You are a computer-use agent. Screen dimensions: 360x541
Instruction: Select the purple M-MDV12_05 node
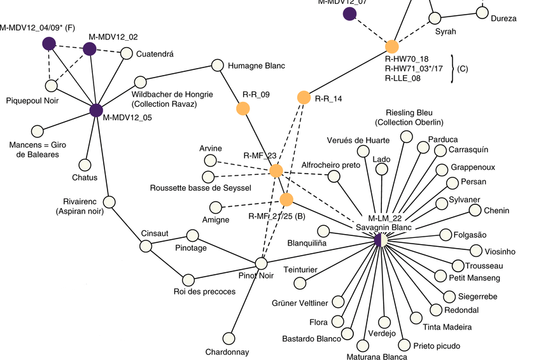click(x=96, y=110)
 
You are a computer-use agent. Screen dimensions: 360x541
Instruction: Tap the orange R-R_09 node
click(x=242, y=109)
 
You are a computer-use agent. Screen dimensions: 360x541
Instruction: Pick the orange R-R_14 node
click(x=304, y=97)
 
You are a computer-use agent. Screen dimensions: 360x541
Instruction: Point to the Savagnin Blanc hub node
click(x=380, y=240)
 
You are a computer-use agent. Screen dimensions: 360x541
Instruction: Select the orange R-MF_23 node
click(x=276, y=170)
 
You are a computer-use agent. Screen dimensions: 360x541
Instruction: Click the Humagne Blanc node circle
click(x=217, y=65)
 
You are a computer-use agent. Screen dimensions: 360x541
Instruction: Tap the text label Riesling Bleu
click(x=409, y=112)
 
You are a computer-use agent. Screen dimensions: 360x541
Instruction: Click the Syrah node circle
click(x=435, y=18)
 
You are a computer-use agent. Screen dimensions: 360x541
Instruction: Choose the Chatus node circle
click(x=85, y=164)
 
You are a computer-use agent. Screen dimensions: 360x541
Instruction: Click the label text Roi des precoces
click(x=205, y=292)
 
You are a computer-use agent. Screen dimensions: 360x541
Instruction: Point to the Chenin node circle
click(x=474, y=210)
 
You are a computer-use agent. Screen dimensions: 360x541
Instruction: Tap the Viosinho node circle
click(x=475, y=251)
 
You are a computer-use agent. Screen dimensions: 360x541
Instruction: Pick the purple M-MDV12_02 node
click(x=89, y=49)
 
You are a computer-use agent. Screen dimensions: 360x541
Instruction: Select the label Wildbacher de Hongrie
click(x=172, y=94)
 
